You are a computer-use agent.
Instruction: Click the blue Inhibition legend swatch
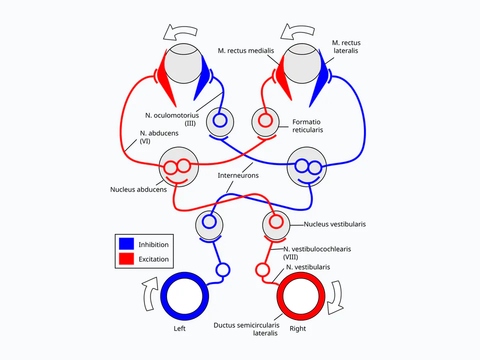click(126, 243)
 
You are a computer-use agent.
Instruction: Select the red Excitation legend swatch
click(126, 258)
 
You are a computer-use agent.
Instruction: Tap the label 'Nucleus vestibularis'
click(334, 224)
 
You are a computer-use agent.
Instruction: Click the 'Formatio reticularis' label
click(307, 126)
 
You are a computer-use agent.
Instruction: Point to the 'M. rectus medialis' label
click(246, 50)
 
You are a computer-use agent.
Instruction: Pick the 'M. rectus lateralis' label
click(346, 46)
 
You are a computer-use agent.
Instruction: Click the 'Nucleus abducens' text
click(138, 189)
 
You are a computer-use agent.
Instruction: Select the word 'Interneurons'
click(238, 175)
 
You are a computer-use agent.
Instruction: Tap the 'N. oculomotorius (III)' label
click(172, 119)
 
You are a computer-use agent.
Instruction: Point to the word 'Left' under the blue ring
click(179, 328)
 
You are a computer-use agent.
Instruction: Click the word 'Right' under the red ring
click(298, 328)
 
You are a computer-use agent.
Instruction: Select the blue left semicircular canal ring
click(163, 296)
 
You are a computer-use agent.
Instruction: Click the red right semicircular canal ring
click(280, 296)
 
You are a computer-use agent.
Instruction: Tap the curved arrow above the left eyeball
click(180, 32)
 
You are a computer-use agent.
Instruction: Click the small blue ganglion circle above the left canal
click(223, 270)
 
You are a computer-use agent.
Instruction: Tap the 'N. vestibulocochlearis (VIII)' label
click(317, 253)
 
